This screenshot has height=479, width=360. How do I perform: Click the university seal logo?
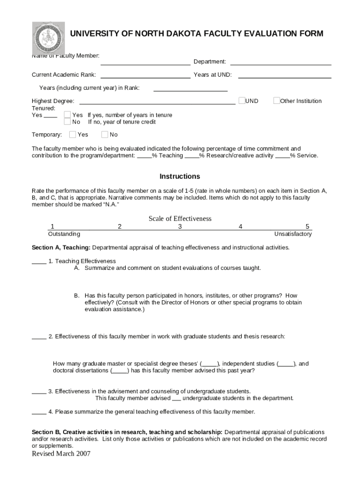[x=48, y=38]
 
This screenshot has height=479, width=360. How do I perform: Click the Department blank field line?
[x=281, y=64]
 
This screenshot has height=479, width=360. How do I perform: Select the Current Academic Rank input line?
[x=145, y=77]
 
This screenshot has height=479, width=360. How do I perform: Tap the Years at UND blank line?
[x=284, y=77]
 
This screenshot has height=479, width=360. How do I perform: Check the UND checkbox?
[x=242, y=101]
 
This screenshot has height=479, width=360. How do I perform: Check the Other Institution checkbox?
[x=276, y=101]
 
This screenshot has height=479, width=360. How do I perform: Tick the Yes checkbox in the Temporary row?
[x=72, y=135]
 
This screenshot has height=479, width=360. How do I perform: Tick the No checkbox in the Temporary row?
[x=105, y=135]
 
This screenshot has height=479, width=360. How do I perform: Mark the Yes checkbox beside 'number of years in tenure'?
[x=67, y=115]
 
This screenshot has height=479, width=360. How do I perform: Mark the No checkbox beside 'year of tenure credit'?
[x=67, y=122]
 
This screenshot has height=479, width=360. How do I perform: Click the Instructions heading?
[x=180, y=176]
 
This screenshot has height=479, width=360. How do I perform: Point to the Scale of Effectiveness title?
[x=180, y=218]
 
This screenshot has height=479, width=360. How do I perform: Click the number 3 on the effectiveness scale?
[x=180, y=226]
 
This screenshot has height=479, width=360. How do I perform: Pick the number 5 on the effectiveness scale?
[x=307, y=226]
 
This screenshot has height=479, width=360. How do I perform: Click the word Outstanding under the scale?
[x=64, y=234]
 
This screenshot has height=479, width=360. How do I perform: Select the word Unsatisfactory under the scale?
[x=293, y=234]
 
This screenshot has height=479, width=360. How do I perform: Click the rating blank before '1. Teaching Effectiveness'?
[x=39, y=263]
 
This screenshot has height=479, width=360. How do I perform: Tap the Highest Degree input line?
[x=158, y=103]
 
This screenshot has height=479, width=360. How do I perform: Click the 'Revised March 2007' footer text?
[x=61, y=454]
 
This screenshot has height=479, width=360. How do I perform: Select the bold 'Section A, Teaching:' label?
[x=61, y=247]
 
